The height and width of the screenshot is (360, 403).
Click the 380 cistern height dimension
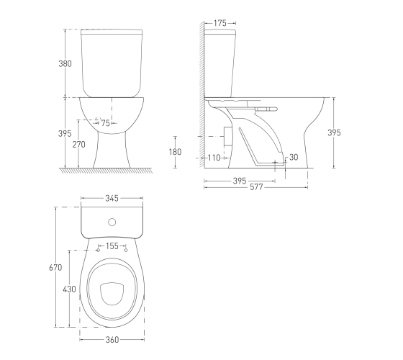coord(65,63)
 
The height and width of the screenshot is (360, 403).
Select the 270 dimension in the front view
coord(78,145)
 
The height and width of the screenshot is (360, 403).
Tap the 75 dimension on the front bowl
coord(105,123)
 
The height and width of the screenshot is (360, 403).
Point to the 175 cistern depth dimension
coord(220,23)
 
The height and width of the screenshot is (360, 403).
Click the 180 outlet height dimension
coord(175,152)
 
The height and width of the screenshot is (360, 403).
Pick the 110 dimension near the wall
coord(214,158)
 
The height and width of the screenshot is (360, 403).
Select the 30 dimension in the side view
coord(294,157)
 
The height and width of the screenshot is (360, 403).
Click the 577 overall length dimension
coord(256,187)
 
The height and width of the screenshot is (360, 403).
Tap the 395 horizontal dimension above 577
coord(240,181)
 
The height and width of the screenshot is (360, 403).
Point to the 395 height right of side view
coord(334,132)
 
